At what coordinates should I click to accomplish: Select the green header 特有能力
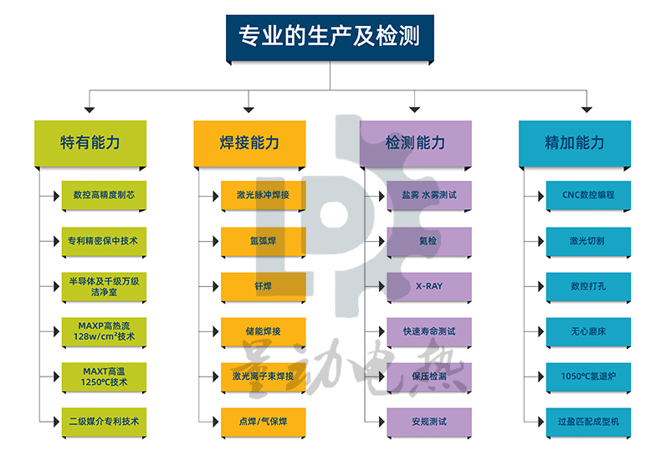coord(90,142)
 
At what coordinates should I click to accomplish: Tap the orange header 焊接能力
coord(249,142)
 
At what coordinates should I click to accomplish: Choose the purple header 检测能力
coord(415,142)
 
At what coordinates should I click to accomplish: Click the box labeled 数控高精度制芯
coord(105,195)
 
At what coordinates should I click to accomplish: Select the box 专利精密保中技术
coord(105,241)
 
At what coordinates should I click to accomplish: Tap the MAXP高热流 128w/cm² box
coord(105,331)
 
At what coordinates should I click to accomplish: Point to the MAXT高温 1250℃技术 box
coord(105,377)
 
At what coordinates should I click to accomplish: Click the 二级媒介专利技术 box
coord(105,422)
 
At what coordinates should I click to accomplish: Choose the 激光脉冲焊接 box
coord(264,195)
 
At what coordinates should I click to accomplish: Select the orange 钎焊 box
coord(264,286)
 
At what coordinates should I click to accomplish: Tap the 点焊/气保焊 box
coord(264,422)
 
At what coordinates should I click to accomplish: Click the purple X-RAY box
coord(429,286)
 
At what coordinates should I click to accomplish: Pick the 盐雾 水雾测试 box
coord(429,195)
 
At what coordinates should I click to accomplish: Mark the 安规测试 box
coord(429,422)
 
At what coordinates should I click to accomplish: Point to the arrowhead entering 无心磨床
coord(540,332)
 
